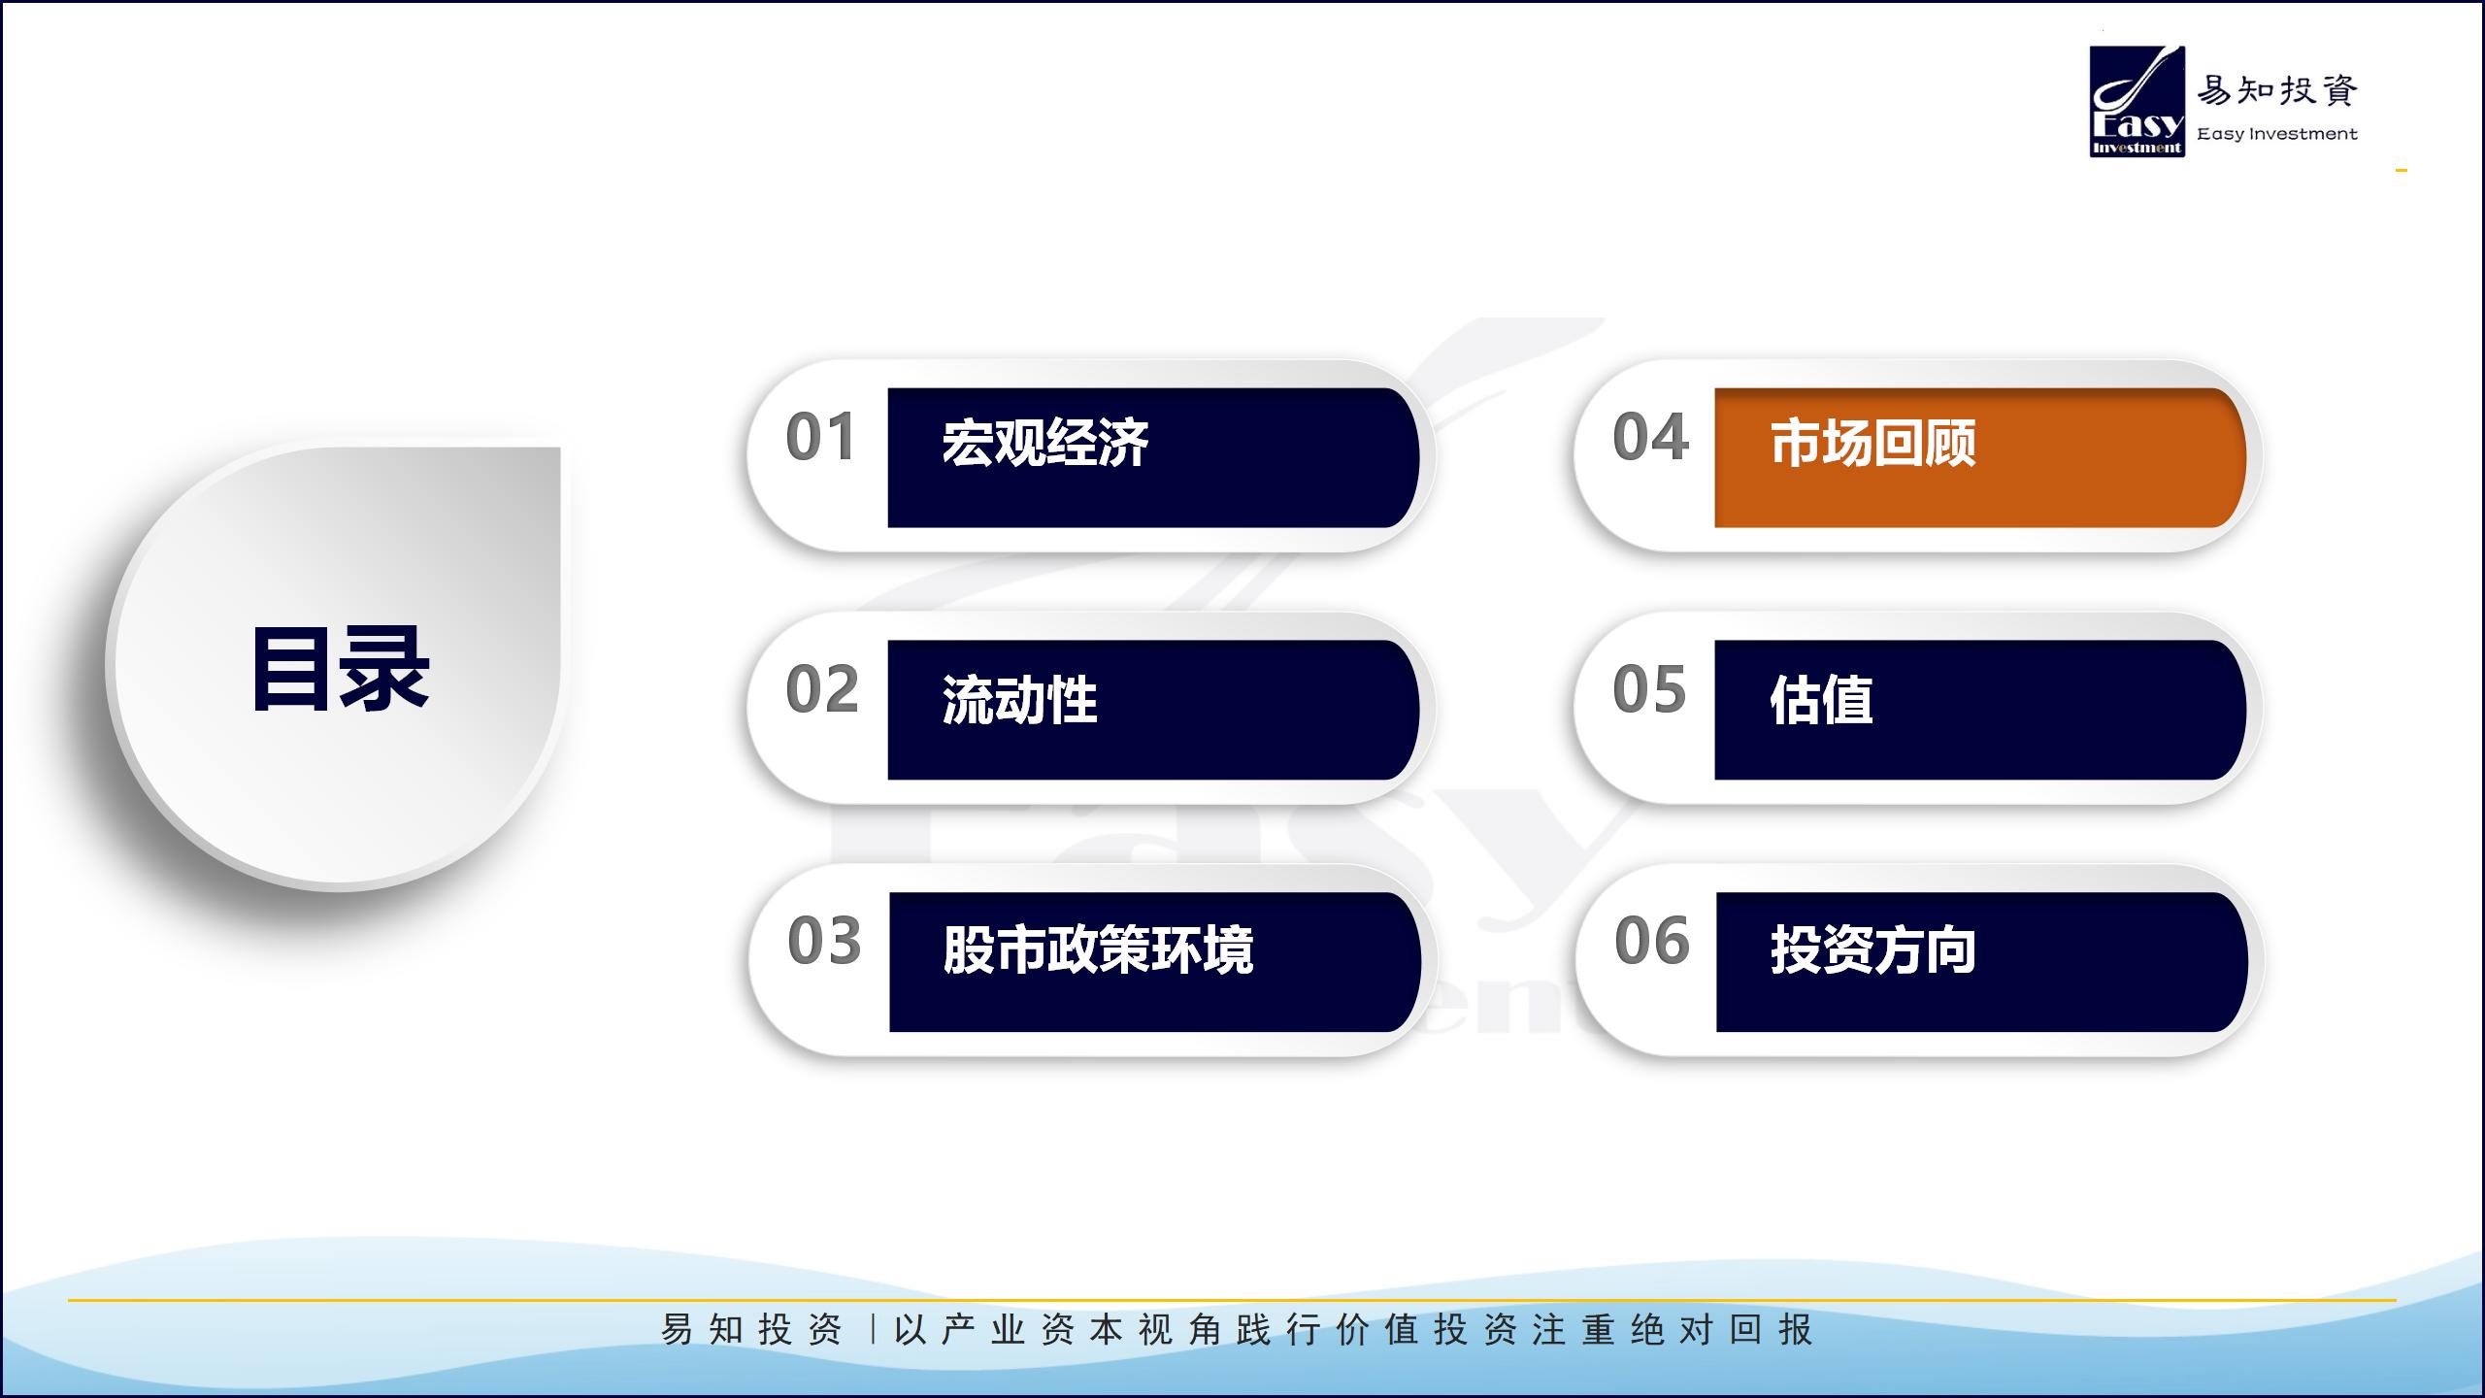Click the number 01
click(821, 437)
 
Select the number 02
click(822, 689)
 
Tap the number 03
click(824, 941)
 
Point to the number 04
click(1650, 437)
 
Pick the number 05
click(1649, 689)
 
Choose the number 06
click(1652, 941)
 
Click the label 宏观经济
click(1045, 444)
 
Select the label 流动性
click(1020, 699)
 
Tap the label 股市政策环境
click(1099, 949)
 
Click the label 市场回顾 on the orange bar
click(1873, 444)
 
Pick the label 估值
click(1821, 699)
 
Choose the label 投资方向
click(1873, 949)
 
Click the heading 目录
click(340, 670)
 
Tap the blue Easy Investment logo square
click(2137, 101)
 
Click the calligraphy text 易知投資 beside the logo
click(2277, 90)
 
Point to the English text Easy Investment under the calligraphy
click(2277, 134)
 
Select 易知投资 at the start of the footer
click(751, 1330)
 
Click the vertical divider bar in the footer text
click(873, 1330)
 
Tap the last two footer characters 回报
click(1771, 1330)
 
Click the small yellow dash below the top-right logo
click(2402, 171)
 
